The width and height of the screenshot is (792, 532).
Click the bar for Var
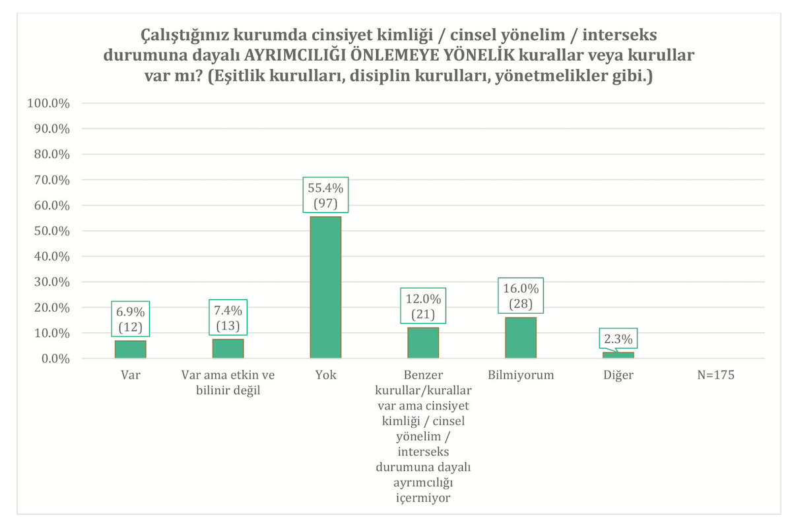130,349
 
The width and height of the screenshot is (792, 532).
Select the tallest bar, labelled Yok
325,287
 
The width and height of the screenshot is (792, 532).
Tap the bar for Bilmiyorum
521,338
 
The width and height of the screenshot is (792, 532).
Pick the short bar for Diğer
618,355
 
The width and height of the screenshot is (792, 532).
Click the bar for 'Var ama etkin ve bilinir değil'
228,349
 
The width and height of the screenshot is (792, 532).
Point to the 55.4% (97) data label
325,195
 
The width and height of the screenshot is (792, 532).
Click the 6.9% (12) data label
131,318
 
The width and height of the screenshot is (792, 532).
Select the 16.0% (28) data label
521,295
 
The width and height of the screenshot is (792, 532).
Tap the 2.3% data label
618,338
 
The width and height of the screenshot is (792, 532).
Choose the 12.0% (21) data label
423,305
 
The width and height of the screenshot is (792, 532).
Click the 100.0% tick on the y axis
49,103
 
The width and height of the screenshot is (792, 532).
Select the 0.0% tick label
54,359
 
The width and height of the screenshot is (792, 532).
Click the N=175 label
716,376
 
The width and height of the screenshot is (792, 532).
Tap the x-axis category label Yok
325,376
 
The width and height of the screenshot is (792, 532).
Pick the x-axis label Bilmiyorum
521,376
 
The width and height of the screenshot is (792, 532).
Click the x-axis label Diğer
618,376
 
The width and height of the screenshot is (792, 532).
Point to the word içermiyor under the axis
423,498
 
